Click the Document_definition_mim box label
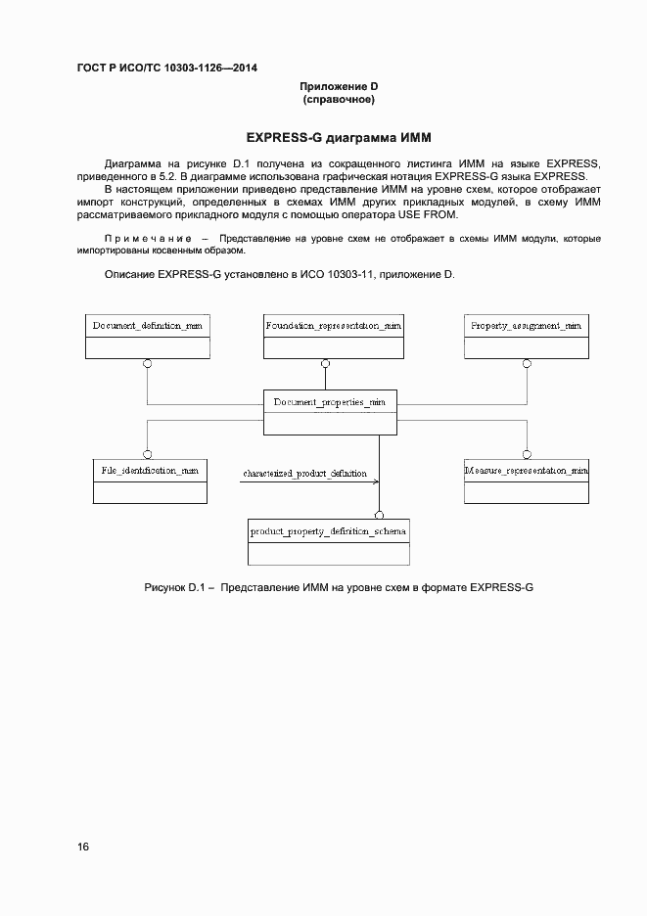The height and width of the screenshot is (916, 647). pos(148,325)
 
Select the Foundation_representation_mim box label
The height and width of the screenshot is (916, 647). pos(332,325)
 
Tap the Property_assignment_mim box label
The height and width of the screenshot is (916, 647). pos(526,325)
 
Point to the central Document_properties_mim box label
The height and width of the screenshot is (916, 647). pos(331,401)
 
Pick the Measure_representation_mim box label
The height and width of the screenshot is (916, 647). pos(526,471)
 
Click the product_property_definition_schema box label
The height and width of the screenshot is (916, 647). pos(328,530)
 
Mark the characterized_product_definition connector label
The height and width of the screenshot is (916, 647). pos(305,474)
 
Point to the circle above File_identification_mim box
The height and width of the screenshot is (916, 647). pos(148,453)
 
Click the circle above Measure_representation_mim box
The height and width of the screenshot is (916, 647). pos(527,453)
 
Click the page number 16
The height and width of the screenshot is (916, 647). pos(82,847)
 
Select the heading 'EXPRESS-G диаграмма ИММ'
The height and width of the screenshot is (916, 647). pos(339,136)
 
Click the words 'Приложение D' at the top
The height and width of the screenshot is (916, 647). pos(339,87)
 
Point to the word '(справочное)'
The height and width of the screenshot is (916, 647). pos(339,100)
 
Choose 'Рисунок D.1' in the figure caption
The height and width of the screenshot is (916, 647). pos(171,587)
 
